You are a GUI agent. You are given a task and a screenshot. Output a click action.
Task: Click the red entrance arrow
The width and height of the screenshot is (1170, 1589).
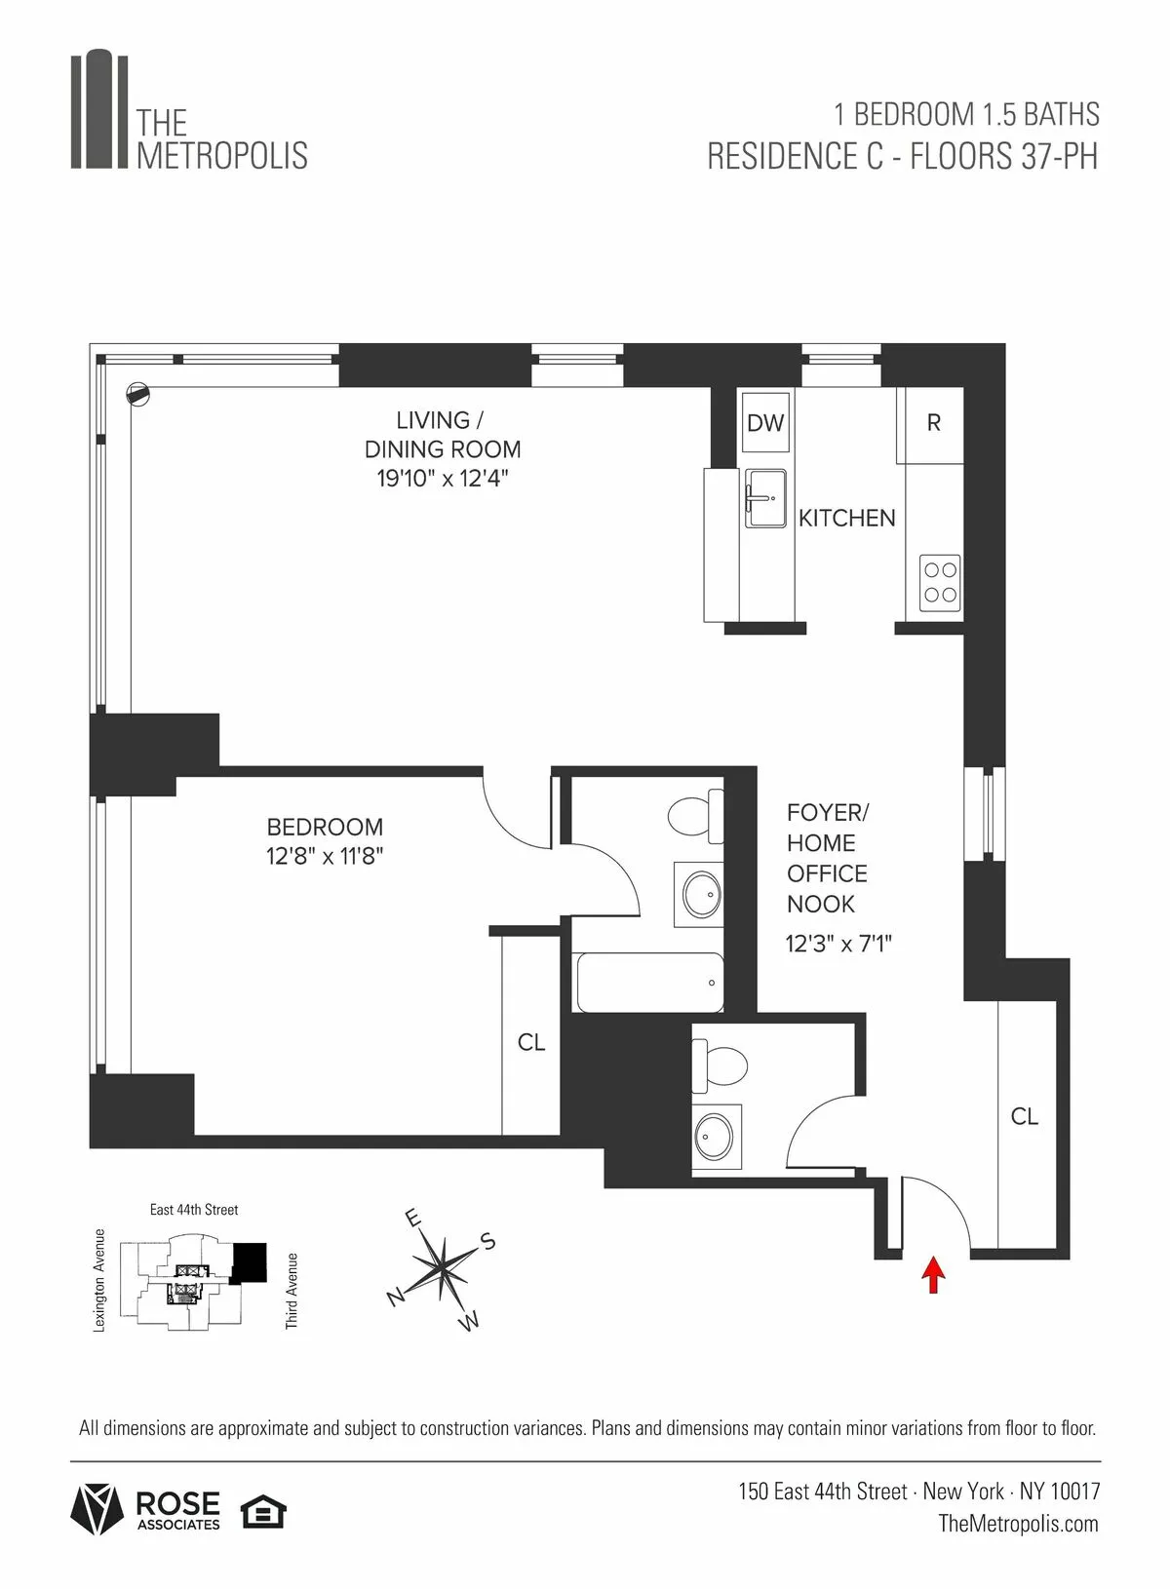click(x=934, y=1274)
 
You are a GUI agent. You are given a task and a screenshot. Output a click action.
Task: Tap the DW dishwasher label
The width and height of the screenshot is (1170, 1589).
click(x=765, y=422)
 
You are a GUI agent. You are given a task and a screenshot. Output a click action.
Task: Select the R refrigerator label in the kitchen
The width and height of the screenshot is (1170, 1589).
click(x=933, y=423)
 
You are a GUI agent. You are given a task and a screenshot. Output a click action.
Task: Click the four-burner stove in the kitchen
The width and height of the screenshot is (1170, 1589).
click(x=940, y=583)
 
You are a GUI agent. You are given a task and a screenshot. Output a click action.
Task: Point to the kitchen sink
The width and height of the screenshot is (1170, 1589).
click(x=764, y=498)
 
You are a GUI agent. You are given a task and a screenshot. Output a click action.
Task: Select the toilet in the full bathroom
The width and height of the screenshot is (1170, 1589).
click(x=696, y=816)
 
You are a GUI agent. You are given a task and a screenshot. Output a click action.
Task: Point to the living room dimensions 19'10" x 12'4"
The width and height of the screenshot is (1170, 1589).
click(x=443, y=479)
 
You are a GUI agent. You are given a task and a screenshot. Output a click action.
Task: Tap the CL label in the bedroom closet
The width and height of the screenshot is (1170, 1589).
click(x=530, y=1043)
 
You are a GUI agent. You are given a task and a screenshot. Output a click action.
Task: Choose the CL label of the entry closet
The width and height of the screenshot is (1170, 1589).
click(x=1024, y=1117)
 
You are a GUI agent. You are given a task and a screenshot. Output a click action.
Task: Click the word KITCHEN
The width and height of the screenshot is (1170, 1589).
click(x=846, y=519)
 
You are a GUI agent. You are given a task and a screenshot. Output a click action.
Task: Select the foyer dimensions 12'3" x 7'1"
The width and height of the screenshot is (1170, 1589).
click(x=838, y=944)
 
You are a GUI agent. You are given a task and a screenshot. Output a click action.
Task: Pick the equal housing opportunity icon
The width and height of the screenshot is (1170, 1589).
click(x=263, y=1512)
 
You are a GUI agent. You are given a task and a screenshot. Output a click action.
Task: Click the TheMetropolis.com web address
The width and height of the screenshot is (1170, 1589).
click(x=1018, y=1524)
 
